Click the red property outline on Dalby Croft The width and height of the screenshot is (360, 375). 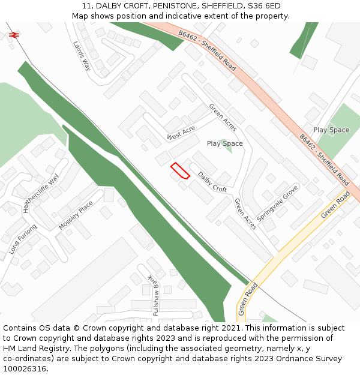click(180, 171)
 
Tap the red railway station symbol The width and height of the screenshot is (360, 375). click(14, 35)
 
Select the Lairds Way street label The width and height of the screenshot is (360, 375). click(82, 56)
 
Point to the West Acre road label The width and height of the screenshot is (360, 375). click(181, 133)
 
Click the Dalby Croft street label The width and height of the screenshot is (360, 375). click(212, 182)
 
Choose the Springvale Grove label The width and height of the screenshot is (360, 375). click(278, 202)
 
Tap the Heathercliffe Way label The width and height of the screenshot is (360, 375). click(41, 193)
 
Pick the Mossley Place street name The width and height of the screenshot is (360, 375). click(76, 215)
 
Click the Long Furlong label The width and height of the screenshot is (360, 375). click(23, 239)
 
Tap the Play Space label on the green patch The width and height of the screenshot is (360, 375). click(331, 130)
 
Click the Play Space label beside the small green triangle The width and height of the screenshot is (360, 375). click(224, 144)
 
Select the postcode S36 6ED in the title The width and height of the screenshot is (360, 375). click(262, 6)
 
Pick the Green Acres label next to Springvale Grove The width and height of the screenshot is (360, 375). click(245, 214)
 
